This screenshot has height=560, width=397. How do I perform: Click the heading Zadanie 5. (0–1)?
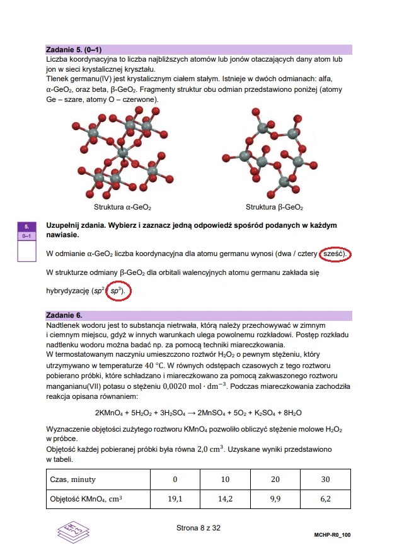(74, 49)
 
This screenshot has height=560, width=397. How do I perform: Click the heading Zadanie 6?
(64, 314)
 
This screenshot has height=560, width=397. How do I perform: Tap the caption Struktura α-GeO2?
(122, 207)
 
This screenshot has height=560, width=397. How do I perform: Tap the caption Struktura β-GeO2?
(274, 207)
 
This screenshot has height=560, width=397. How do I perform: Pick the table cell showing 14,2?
(225, 500)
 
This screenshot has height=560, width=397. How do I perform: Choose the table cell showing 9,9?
(275, 500)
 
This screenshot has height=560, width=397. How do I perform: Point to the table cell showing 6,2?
(325, 500)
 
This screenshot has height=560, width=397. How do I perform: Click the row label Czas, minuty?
(74, 479)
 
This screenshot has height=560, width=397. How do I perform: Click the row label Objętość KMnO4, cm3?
(86, 500)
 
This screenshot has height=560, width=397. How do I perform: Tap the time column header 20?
(275, 479)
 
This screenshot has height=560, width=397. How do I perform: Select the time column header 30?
(325, 479)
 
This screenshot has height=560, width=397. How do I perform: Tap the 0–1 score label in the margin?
(27, 236)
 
